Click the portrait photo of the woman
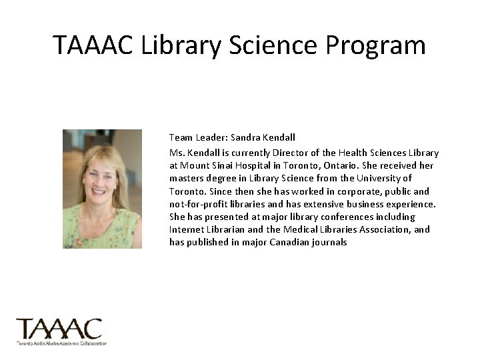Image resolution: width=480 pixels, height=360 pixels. click(x=102, y=189)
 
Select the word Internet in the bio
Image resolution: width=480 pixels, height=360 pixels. click(x=187, y=229)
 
